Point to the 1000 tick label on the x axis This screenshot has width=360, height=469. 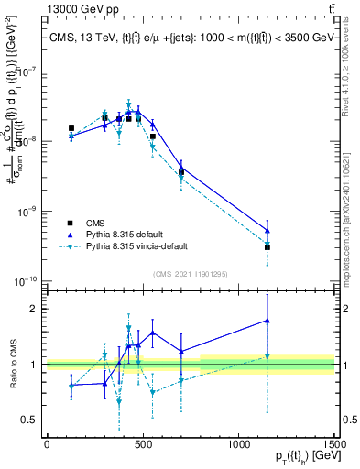click(237, 445)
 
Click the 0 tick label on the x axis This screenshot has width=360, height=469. click(46, 445)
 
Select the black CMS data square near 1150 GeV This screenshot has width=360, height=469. click(267, 247)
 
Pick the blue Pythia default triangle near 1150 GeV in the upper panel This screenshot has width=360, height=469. click(267, 231)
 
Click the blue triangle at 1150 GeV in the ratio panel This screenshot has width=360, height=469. click(267, 321)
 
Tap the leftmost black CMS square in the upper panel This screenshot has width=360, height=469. click(71, 128)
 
